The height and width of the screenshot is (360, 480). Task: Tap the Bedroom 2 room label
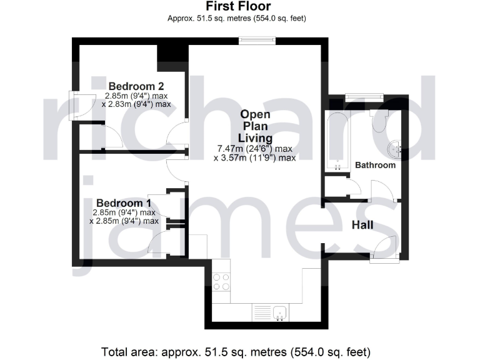point(136,86)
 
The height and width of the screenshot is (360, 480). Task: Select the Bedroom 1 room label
point(124,202)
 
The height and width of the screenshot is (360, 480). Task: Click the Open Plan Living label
point(255,126)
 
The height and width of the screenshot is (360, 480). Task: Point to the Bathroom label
point(375,166)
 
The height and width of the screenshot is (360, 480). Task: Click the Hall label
point(362,224)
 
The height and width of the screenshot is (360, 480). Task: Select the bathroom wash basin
point(395,149)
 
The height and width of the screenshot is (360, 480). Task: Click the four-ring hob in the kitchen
point(221,282)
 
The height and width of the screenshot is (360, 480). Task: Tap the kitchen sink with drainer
point(271,311)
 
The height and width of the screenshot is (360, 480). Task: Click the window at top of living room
point(257,41)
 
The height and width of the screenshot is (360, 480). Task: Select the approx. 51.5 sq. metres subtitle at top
point(237,18)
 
